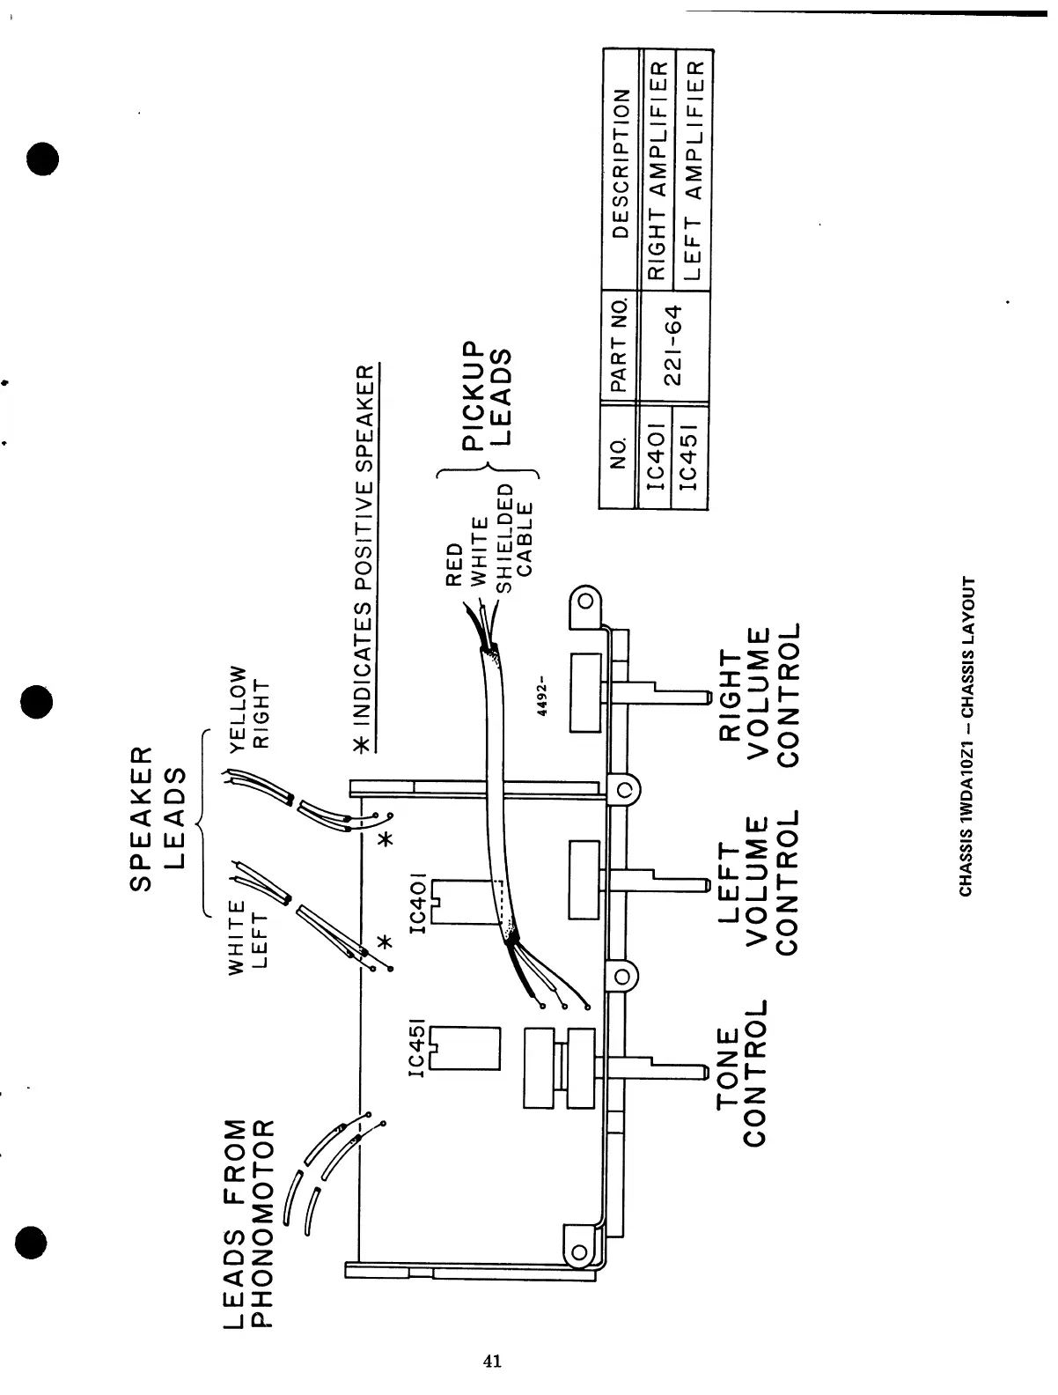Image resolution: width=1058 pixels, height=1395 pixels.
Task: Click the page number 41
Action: [493, 1361]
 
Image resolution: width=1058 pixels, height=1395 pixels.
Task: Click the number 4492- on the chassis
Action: [544, 696]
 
